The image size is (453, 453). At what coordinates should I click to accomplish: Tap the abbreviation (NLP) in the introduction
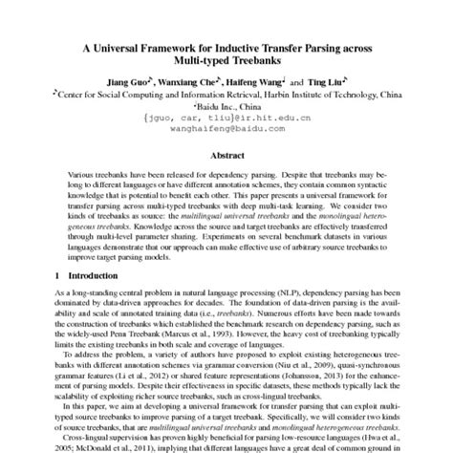[275, 297]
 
